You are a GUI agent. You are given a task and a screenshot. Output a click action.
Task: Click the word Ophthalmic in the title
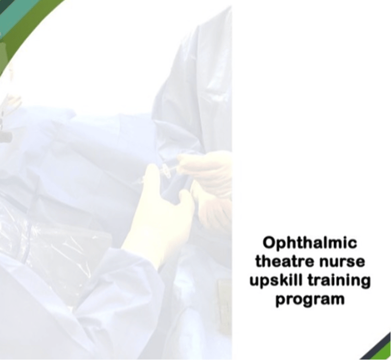pos(310,243)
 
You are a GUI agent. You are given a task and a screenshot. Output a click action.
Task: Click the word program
pos(310,299)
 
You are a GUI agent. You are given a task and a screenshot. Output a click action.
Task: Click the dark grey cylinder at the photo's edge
pos(6,137)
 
